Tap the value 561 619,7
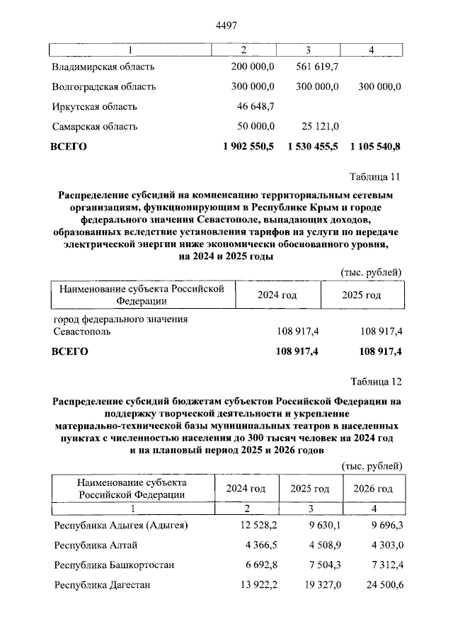pos(316,67)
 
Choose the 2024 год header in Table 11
pos(277,295)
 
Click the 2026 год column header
pos(373,489)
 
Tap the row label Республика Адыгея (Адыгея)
pos(121,525)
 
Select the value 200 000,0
pos(253,67)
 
